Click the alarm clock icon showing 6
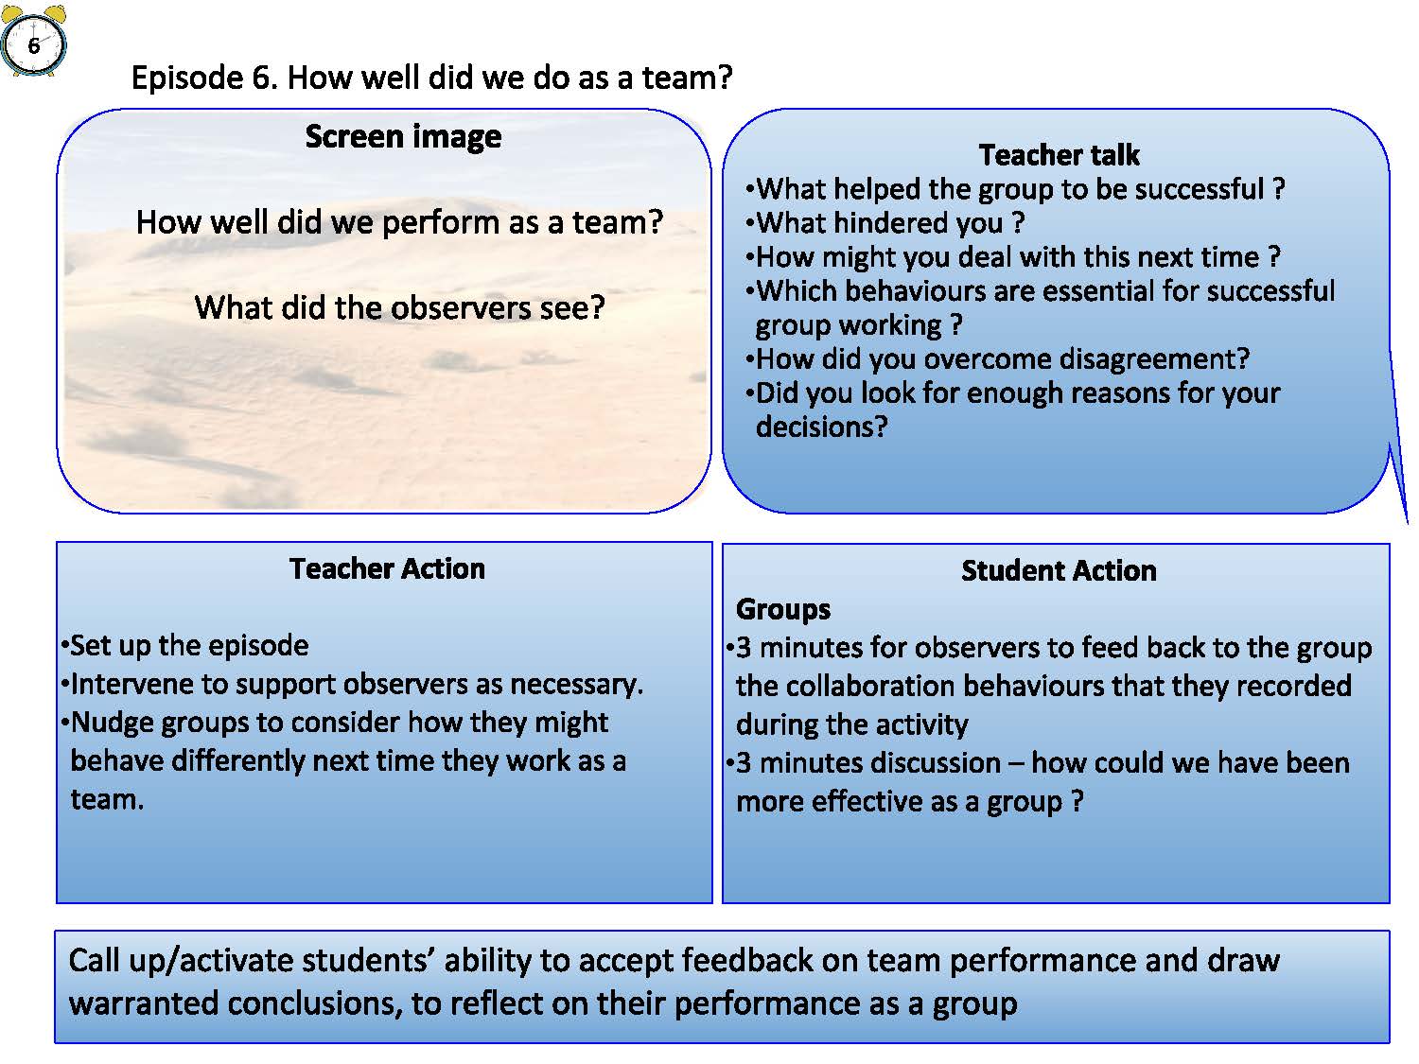pyautogui.click(x=34, y=40)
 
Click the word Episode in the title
pyautogui.click(x=187, y=78)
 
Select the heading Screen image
pyautogui.click(x=403, y=137)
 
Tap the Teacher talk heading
pyautogui.click(x=1059, y=155)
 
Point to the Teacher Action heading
pyautogui.click(x=387, y=568)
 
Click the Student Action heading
pyautogui.click(x=1059, y=570)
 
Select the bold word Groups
pyautogui.click(x=783, y=610)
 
